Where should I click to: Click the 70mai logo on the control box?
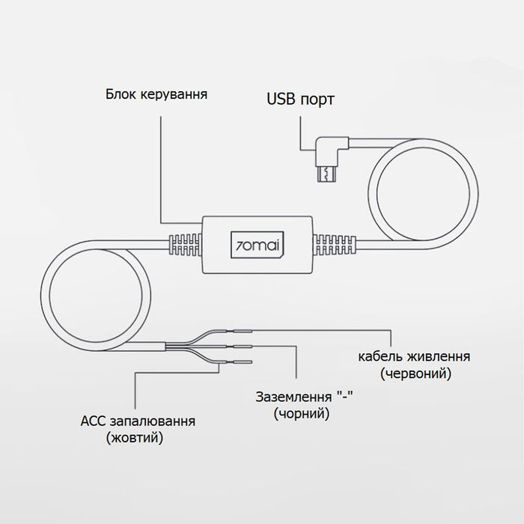click(258, 244)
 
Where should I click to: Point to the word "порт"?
click(318, 100)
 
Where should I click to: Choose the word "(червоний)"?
click(414, 372)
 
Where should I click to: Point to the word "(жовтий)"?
click(135, 439)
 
